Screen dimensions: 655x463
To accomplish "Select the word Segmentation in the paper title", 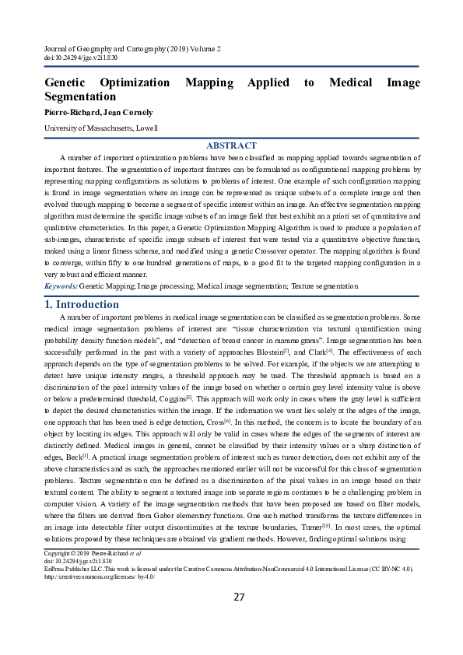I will (80, 97).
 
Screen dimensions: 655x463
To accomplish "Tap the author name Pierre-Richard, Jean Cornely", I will (98, 112).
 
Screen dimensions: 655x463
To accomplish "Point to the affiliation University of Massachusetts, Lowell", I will (100, 128).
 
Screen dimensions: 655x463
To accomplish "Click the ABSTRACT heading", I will (231, 145).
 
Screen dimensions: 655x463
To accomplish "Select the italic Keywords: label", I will (61, 286).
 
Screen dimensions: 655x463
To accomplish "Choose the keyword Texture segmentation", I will (325, 286).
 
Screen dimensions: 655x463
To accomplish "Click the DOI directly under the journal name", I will (79, 58).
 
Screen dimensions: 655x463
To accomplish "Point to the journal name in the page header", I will (132, 49).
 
